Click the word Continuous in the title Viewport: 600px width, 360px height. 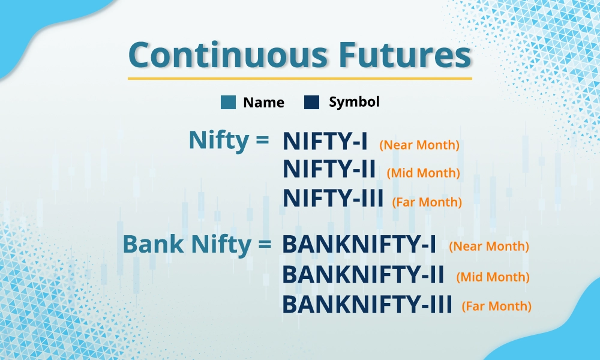click(228, 55)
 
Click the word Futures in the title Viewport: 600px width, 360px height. click(405, 55)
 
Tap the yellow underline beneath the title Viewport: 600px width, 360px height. click(299, 79)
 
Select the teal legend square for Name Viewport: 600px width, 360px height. click(228, 102)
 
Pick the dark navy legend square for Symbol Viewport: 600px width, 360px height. click(311, 102)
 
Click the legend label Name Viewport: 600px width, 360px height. click(263, 103)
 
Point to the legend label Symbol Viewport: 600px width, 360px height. click(355, 102)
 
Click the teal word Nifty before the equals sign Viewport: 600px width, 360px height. click(219, 140)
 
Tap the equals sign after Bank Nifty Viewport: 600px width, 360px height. click(265, 244)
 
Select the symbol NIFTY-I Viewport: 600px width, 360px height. click(325, 141)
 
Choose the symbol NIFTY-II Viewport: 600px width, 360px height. click(329, 169)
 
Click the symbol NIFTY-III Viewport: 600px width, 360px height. click(333, 198)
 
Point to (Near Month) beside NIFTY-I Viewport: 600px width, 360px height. click(419, 145)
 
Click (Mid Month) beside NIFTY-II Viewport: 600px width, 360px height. click(423, 173)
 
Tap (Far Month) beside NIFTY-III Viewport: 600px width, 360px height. click(427, 202)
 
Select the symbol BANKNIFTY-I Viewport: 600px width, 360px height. click(359, 244)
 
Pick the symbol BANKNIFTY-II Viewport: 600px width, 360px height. click(363, 275)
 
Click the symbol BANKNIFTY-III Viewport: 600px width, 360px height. click(367, 304)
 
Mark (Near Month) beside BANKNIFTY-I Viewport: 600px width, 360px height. click(489, 247)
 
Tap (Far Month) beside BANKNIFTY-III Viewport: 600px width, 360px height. click(497, 306)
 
